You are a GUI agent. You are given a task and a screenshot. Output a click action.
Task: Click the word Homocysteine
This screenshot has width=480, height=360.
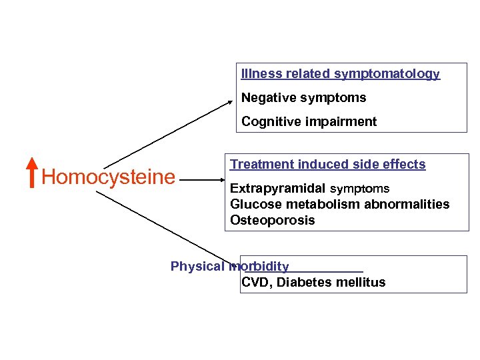click(108, 177)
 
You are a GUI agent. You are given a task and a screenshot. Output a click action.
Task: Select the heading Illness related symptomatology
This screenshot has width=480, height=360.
click(340, 74)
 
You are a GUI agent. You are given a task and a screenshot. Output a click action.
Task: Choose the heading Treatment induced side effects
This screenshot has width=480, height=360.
click(327, 164)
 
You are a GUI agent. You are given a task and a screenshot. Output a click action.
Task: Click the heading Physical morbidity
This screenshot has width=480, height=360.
click(229, 267)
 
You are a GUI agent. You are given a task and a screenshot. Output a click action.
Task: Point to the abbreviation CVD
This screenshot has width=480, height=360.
click(255, 283)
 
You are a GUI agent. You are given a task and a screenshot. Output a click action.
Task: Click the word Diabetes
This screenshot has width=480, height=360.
click(305, 283)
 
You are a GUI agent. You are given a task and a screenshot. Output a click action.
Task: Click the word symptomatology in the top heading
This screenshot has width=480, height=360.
click(387, 74)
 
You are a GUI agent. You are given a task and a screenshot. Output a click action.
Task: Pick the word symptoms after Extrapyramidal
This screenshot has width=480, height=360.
click(360, 189)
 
